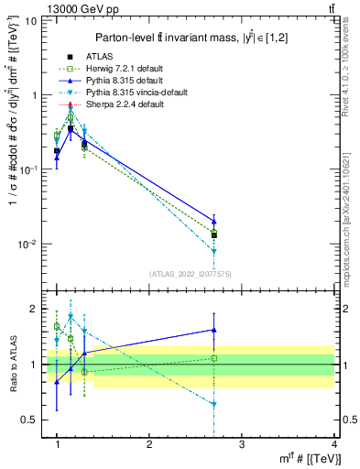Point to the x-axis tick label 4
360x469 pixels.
coord(334,444)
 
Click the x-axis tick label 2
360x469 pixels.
coord(149,444)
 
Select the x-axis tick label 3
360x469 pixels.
coord(242,444)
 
